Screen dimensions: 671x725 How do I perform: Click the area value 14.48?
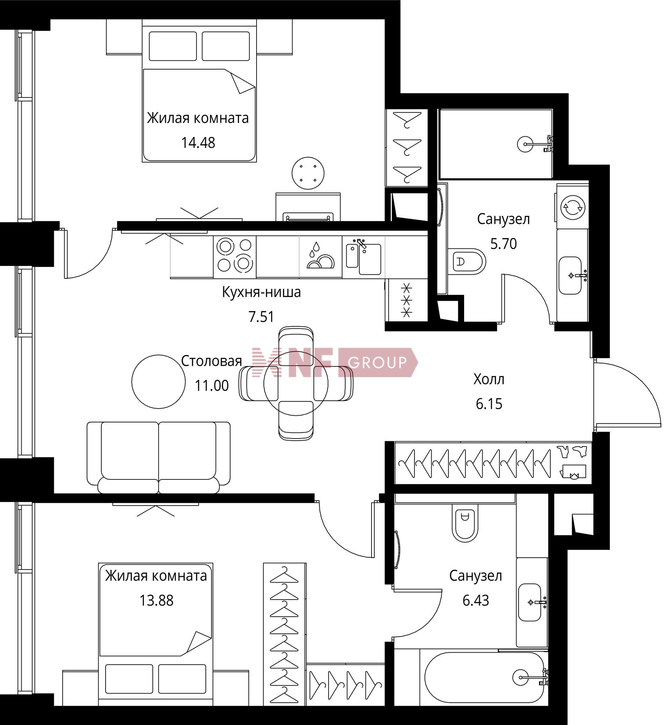click(198, 143)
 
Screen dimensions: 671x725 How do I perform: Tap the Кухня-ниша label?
click(261, 292)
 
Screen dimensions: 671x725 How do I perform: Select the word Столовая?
click(211, 361)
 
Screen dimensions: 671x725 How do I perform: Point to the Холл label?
click(489, 379)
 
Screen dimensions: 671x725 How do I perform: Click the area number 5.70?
click(503, 244)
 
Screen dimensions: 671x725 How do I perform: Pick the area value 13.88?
click(157, 601)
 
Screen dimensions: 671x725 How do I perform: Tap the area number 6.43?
click(476, 601)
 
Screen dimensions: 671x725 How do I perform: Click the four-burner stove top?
click(235, 256)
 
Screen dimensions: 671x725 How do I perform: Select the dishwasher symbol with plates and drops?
click(320, 256)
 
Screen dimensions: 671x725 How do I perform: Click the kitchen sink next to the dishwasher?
click(363, 256)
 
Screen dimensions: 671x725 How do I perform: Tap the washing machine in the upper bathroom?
click(572, 207)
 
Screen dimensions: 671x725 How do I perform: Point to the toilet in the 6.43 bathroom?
click(464, 523)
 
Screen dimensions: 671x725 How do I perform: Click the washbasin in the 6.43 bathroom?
click(531, 602)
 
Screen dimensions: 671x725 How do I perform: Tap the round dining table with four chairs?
click(296, 383)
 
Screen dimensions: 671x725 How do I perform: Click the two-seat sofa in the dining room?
click(159, 457)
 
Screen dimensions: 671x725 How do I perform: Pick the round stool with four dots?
click(308, 173)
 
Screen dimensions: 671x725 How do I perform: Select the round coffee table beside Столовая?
click(158, 382)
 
